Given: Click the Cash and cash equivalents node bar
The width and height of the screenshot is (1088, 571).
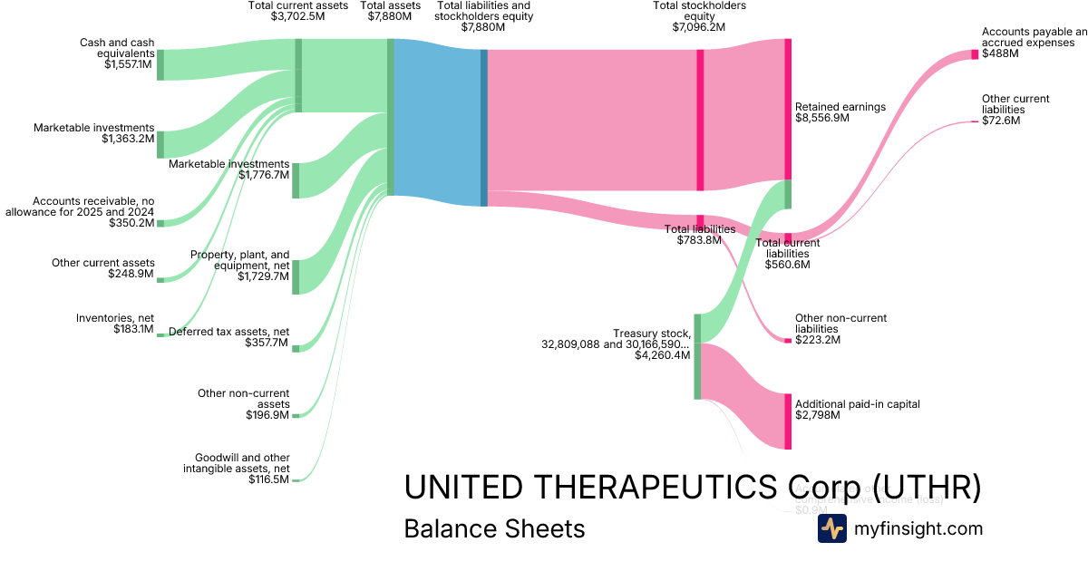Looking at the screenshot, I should tap(160, 64).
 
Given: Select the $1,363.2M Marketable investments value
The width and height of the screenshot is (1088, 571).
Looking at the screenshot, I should tap(128, 140).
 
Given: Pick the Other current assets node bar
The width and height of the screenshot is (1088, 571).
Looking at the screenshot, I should tap(160, 280).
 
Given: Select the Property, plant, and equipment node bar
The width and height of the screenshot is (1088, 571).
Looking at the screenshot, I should tap(296, 276).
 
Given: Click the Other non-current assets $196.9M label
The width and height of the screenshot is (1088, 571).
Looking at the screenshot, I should tap(244, 404).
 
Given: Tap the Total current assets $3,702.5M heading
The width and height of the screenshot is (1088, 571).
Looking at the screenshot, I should tap(298, 11).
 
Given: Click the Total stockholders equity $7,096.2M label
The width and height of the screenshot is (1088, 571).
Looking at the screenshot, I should tap(699, 16).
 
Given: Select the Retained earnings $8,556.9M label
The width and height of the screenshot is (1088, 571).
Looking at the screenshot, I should tap(840, 112).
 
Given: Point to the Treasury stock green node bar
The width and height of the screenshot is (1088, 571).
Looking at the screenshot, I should tap(697, 355).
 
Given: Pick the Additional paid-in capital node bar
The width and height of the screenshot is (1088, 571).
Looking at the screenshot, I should tap(788, 421).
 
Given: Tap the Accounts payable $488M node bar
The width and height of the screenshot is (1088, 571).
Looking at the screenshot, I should tap(975, 54).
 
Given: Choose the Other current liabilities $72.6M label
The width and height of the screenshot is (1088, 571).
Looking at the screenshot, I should tap(1015, 110).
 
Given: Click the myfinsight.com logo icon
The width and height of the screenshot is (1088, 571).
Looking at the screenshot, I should tap(831, 528).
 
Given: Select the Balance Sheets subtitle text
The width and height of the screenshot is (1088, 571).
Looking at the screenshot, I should tap(494, 528).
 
